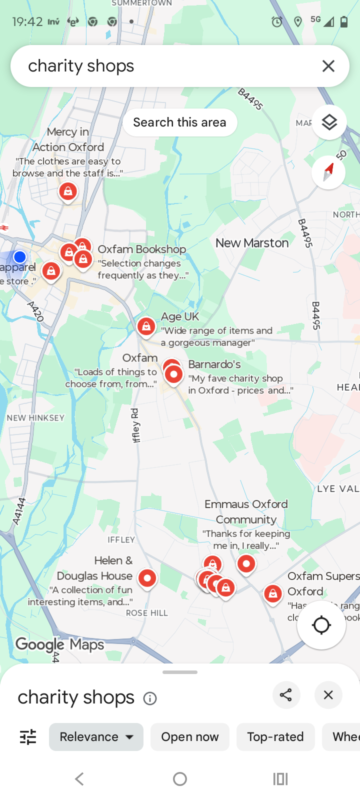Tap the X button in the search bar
[x=328, y=66]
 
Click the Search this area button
[x=179, y=122]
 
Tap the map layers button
[x=329, y=122]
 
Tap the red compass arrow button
[x=328, y=172]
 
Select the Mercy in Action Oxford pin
[x=68, y=191]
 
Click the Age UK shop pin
[x=146, y=327]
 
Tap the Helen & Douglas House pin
[x=147, y=578]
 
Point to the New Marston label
[x=252, y=243]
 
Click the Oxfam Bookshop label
[x=142, y=249]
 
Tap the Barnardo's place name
[x=214, y=364]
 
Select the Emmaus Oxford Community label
[x=246, y=511]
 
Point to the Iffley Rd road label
[x=135, y=425]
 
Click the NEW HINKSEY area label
[x=35, y=418]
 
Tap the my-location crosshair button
[x=321, y=624]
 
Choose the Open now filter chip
[x=189, y=736]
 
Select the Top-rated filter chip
[x=275, y=736]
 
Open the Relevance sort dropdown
[x=96, y=736]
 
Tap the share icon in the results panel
[x=286, y=695]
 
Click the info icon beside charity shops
[x=150, y=698]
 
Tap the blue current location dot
[x=20, y=257]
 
